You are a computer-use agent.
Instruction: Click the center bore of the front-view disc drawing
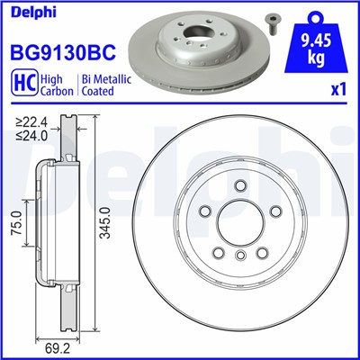coord(241,221)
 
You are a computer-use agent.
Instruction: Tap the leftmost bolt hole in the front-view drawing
coord(205,210)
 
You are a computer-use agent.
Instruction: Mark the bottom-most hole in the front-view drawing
coord(241,256)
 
